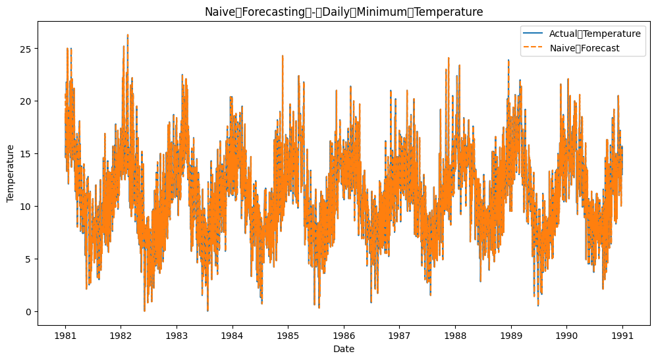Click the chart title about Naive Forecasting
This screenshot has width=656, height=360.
click(344, 12)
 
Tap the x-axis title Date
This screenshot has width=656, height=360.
click(344, 349)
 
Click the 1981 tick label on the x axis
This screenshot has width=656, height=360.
click(65, 335)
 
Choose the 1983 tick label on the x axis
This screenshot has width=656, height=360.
click(177, 335)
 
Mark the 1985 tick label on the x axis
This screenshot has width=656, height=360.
click(288, 335)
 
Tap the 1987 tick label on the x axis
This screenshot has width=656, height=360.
click(399, 335)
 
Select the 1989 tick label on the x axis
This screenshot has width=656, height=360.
click(510, 335)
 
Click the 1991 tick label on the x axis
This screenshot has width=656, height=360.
click(622, 335)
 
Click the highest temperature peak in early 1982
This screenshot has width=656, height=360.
click(128, 35)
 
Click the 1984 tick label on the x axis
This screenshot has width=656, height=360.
click(232, 335)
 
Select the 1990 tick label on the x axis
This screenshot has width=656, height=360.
click(566, 335)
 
